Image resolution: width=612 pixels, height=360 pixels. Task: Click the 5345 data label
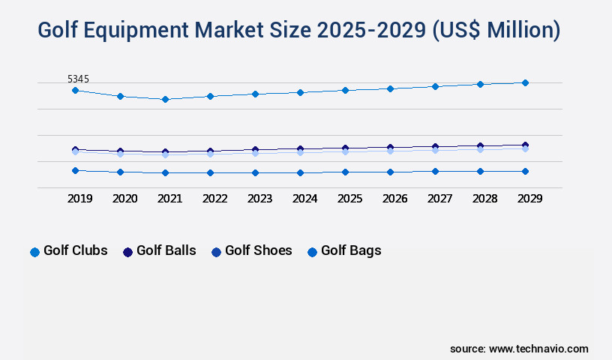[79, 79]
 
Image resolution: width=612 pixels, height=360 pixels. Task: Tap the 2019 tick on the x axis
[79, 199]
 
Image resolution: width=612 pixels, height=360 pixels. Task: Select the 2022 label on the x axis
[214, 199]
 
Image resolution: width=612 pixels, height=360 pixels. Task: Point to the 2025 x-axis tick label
[349, 199]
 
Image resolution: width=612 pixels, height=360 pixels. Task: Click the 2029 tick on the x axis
[529, 199]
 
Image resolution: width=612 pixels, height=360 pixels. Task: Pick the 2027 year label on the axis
[439, 199]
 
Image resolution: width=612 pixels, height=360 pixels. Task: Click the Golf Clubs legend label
[75, 250]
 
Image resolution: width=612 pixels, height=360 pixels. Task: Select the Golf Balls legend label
[166, 250]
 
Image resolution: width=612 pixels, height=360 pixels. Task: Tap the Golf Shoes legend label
[258, 250]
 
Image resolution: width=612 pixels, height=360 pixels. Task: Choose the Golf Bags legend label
[351, 250]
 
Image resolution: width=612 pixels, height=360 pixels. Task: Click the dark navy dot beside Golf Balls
[127, 252]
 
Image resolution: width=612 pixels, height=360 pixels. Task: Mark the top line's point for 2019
[75, 90]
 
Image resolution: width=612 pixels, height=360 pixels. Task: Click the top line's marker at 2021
[165, 99]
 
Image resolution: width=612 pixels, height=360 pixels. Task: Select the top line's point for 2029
[525, 82]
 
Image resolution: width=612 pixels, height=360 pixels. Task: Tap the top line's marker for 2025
[345, 90]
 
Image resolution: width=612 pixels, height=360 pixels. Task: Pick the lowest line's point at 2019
[75, 170]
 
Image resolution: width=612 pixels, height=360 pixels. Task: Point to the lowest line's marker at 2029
[525, 171]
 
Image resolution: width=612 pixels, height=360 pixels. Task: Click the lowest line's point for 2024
[300, 172]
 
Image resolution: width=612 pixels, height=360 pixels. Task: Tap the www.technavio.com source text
[538, 349]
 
